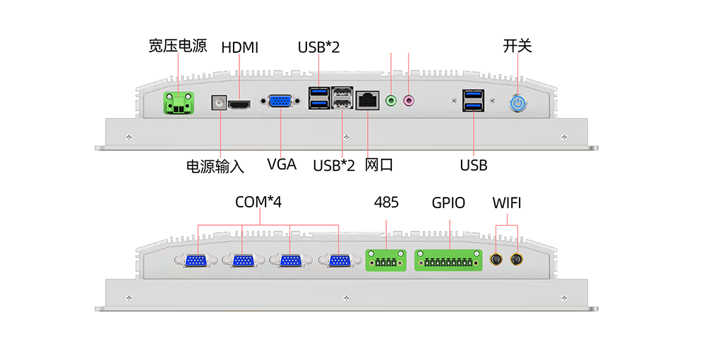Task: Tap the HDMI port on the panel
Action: coord(242,104)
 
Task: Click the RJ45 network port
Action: coord(367,100)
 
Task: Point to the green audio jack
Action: coord(392,101)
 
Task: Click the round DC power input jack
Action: coord(220,103)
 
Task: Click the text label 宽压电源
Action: coord(177,47)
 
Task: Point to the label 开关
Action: coord(517,46)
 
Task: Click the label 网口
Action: coord(378,165)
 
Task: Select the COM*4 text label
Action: coord(258,203)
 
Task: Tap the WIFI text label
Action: coord(507,203)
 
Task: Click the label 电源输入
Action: coord(215,167)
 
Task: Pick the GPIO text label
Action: coord(449,203)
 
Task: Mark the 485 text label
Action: coord(386,203)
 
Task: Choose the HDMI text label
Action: coord(240,48)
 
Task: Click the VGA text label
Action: coord(282,165)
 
